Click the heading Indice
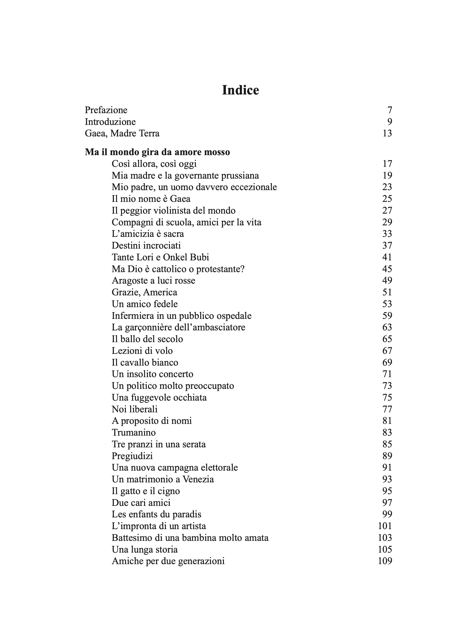[240, 90]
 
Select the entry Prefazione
[106, 110]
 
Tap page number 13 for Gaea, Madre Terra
[387, 133]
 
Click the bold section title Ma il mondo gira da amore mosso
[157, 152]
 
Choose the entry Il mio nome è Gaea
[151, 199]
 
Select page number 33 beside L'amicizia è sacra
[387, 234]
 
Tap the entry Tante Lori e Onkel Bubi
[160, 257]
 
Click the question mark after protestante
[242, 269]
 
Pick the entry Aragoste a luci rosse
[153, 281]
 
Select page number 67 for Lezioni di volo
[387, 351]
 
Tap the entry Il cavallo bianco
[145, 362]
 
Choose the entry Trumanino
[134, 432]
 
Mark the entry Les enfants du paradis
[156, 514]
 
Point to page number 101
[385, 526]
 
